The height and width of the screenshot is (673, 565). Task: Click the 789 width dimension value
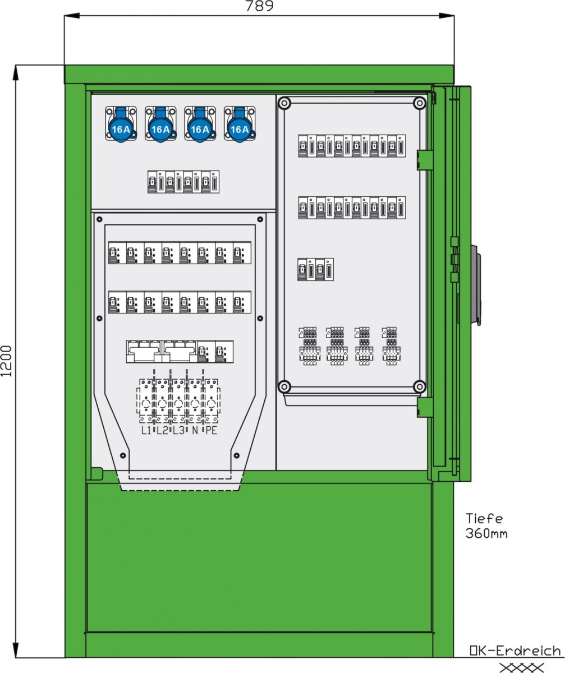pyautogui.click(x=259, y=6)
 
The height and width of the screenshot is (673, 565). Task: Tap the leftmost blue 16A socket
pyautogui.click(x=121, y=125)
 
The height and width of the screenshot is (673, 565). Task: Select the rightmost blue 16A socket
pyautogui.click(x=240, y=125)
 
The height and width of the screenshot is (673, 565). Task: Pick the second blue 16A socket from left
pyautogui.click(x=160, y=125)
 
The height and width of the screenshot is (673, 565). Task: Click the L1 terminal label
pyautogui.click(x=146, y=431)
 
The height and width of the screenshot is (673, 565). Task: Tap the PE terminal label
pyautogui.click(x=211, y=431)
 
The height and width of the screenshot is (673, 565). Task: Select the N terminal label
pyautogui.click(x=195, y=431)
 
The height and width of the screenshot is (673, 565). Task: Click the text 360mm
pyautogui.click(x=486, y=533)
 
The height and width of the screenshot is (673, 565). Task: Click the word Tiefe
pyautogui.click(x=484, y=519)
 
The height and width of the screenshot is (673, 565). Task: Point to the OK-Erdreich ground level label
pyautogui.click(x=515, y=651)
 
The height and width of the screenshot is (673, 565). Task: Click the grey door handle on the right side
pyautogui.click(x=476, y=284)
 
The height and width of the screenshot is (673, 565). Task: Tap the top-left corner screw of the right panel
pyautogui.click(x=284, y=103)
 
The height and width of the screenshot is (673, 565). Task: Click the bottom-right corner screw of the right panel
pyautogui.click(x=419, y=386)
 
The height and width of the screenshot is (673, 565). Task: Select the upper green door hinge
pyautogui.click(x=425, y=159)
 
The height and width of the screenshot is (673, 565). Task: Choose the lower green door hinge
pyautogui.click(x=425, y=407)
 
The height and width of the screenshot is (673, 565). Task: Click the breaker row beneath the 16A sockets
pyautogui.click(x=183, y=182)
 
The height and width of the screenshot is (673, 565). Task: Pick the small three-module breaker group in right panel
pyautogui.click(x=315, y=269)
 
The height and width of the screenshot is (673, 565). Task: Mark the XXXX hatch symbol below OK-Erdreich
pyautogui.click(x=521, y=667)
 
